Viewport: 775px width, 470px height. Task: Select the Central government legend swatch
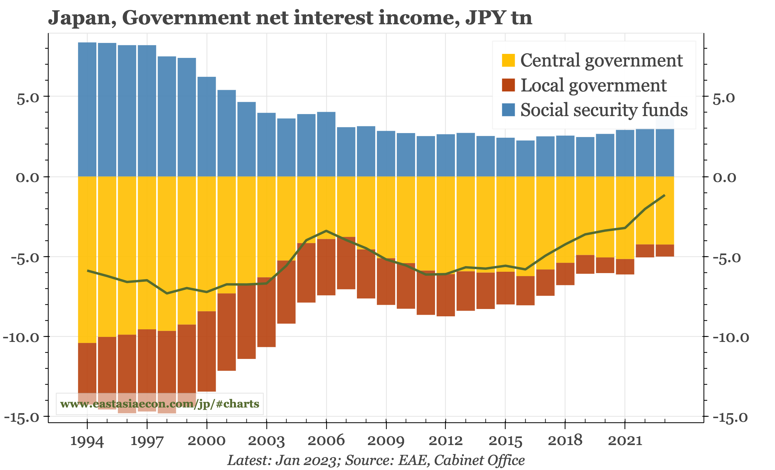[x=508, y=60]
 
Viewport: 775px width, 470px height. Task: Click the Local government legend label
[x=594, y=85]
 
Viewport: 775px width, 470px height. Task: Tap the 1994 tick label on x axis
[x=87, y=441]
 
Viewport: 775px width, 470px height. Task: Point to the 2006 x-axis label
[x=326, y=441]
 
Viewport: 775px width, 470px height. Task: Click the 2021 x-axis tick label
[x=625, y=441]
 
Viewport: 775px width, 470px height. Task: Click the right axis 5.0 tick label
[x=724, y=98]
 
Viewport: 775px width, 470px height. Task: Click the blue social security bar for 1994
[x=87, y=110]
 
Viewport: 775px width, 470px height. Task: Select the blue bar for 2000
[x=207, y=126]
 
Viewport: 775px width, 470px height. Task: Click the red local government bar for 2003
[x=266, y=312]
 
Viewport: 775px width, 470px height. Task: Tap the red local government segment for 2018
[x=565, y=274]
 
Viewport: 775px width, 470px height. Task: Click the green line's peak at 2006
[x=326, y=231]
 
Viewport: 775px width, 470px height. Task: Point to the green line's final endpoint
[x=664, y=195]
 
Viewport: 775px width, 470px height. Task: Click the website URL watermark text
[x=160, y=404]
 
